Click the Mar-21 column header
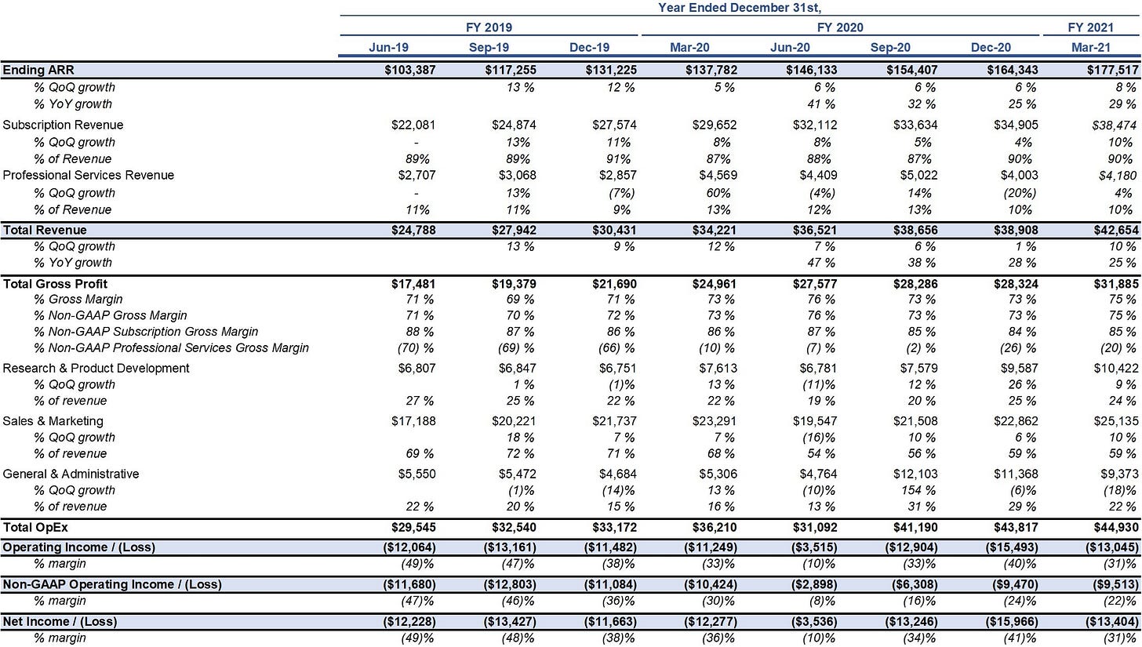coord(1090,47)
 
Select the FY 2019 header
coord(489,27)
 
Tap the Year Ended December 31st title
coord(739,8)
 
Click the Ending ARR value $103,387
coord(410,70)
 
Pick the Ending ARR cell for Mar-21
coord(1112,70)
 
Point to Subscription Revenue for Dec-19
coord(614,125)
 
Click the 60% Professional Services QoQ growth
coord(718,193)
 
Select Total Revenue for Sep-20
coord(915,230)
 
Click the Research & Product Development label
coord(96,368)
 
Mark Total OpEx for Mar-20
coord(715,527)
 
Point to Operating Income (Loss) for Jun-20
coord(814,547)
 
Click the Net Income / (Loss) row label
coord(60,621)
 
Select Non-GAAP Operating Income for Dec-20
coord(1013,584)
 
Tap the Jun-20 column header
coord(790,47)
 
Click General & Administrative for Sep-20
coord(915,474)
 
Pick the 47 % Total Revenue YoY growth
coord(820,263)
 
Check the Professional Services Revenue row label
coord(88,176)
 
